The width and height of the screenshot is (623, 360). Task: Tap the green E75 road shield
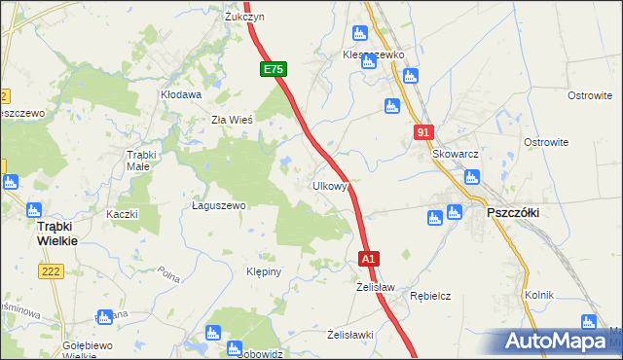[273, 70]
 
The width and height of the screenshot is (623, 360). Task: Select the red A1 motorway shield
[368, 259]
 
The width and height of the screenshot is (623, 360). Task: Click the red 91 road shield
[421, 132]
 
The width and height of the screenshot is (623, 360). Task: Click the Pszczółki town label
[512, 211]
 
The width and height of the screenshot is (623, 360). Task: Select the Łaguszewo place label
[218, 205]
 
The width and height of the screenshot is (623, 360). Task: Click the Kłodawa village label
[181, 95]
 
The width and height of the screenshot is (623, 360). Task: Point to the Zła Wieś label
[233, 121]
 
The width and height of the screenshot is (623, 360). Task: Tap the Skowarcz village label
[458, 155]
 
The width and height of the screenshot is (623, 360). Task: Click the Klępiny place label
[264, 271]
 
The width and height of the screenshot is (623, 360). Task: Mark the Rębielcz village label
[428, 295]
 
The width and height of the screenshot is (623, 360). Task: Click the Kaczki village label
[123, 214]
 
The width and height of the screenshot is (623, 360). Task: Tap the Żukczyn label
[245, 18]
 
